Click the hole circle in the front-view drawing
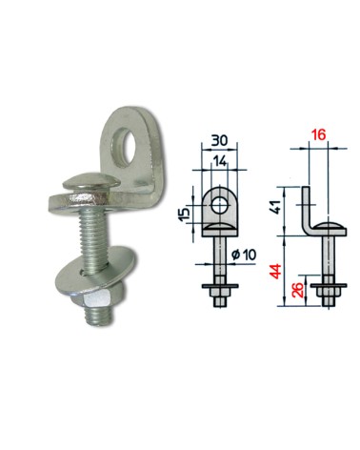220,203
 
